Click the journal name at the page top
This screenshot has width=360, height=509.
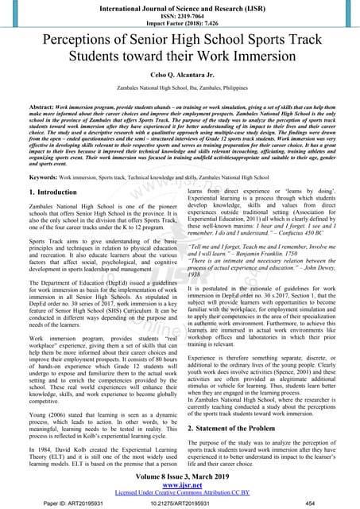(180, 7)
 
